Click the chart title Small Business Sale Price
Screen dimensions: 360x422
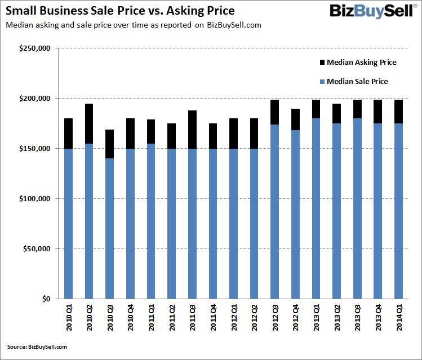click(x=119, y=11)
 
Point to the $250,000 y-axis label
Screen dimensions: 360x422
click(x=35, y=48)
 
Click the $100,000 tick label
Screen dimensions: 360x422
click(x=35, y=199)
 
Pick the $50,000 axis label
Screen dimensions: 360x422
click(x=37, y=249)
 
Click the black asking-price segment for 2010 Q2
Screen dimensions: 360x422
click(x=90, y=124)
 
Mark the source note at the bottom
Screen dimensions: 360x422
click(x=37, y=347)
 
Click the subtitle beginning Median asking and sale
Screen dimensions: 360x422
click(x=133, y=25)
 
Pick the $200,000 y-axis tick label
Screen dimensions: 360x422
click(x=35, y=99)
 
